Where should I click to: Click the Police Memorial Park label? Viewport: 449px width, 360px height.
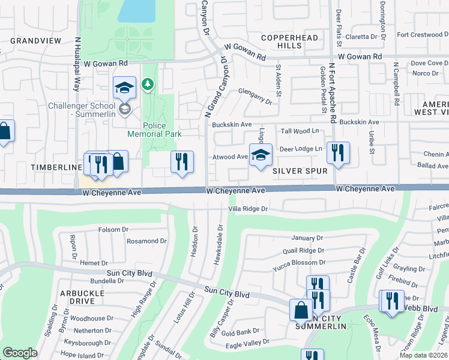coord(154,130)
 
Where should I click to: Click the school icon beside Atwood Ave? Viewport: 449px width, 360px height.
coord(260,156)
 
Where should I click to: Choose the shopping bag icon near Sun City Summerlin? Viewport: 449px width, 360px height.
coord(301,310)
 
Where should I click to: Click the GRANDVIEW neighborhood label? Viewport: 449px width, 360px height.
coord(35,41)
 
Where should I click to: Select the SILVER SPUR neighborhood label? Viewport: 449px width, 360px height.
coord(300,171)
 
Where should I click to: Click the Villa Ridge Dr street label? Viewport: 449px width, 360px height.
coord(256,209)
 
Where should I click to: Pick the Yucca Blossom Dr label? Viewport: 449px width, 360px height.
coord(298,263)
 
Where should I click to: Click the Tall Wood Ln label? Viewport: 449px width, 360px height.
coord(300,131)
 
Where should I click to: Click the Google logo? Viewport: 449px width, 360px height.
coord(20,353)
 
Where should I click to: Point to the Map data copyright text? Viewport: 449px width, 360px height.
coord(424,355)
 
